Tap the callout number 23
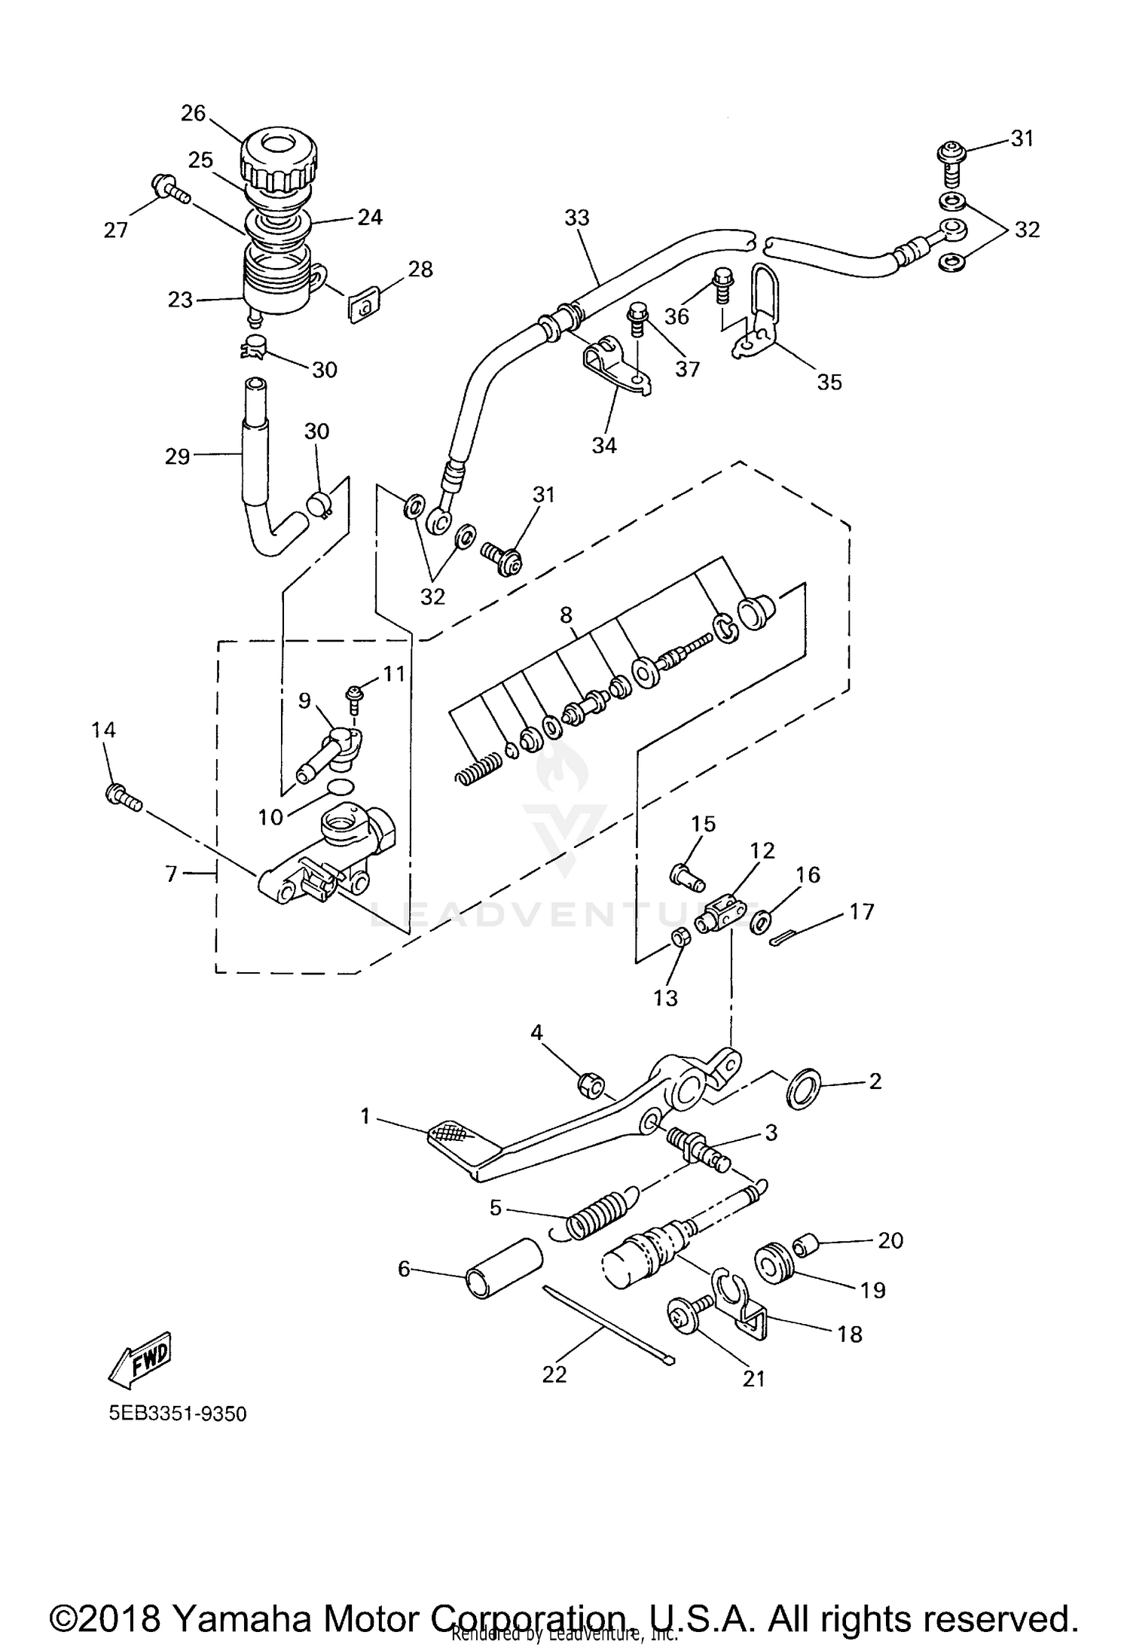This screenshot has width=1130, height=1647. [x=181, y=300]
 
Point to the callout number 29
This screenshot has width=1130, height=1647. [x=177, y=456]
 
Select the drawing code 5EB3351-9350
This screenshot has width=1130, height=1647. [x=178, y=1414]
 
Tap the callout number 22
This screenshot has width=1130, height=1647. [x=554, y=1374]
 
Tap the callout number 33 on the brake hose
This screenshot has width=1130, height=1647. [x=577, y=218]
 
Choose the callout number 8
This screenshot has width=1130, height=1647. [x=566, y=615]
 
